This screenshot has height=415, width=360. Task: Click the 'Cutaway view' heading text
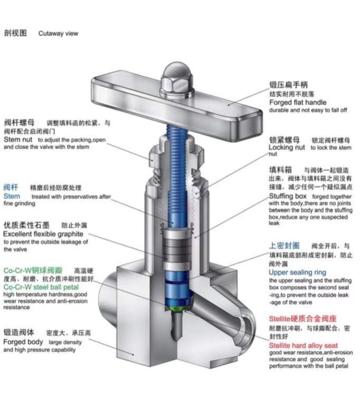58,33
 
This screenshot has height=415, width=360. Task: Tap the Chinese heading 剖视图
15,33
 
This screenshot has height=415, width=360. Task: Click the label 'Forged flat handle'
298,102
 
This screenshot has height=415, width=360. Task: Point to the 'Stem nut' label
18,140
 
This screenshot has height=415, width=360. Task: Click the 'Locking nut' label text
287,148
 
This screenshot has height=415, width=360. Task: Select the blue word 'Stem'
12,196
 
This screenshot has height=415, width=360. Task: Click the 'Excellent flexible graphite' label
43,234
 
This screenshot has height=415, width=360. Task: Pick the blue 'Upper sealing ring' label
297,273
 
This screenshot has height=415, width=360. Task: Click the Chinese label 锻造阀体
19,333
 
